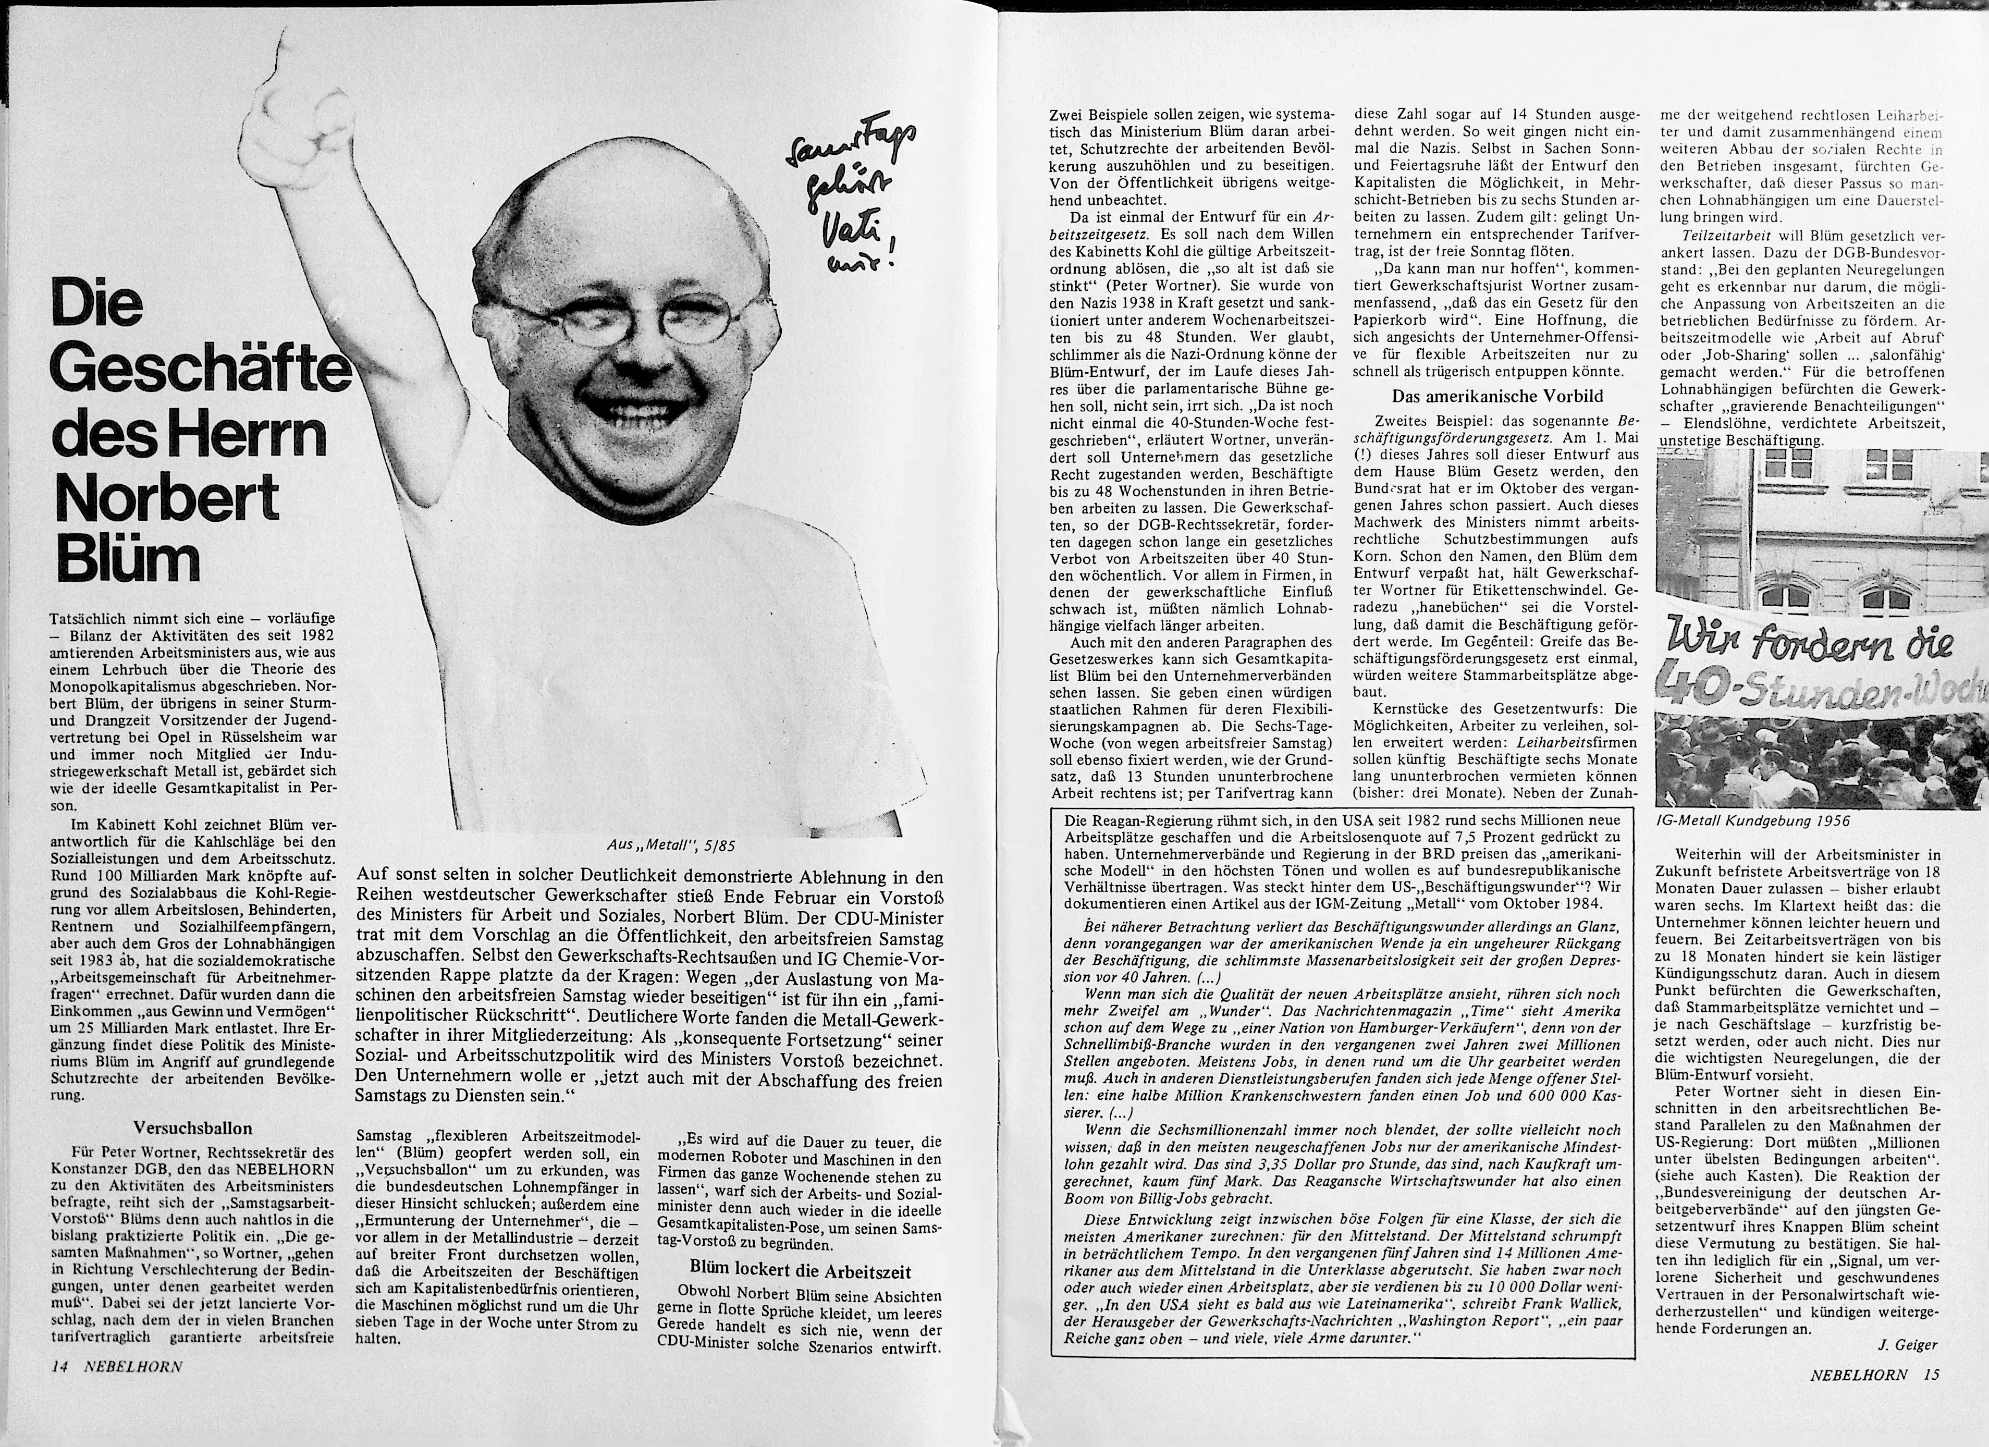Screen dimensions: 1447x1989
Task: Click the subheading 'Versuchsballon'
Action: point(193,1128)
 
